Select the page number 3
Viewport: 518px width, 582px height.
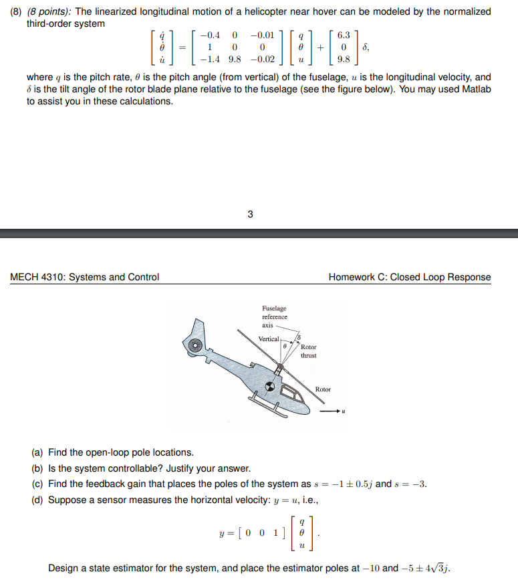[x=250, y=215]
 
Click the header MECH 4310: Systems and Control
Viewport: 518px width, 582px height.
[x=84, y=277]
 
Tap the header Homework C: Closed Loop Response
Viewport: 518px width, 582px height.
[x=409, y=277]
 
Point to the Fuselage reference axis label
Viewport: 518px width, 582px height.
[x=274, y=316]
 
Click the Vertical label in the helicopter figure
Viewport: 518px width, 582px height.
[x=269, y=339]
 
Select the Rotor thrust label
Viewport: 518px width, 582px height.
[x=309, y=351]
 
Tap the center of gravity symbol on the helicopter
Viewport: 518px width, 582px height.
[x=271, y=386]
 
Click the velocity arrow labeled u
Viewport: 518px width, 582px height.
[x=332, y=412]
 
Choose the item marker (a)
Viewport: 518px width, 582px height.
[x=39, y=452]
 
